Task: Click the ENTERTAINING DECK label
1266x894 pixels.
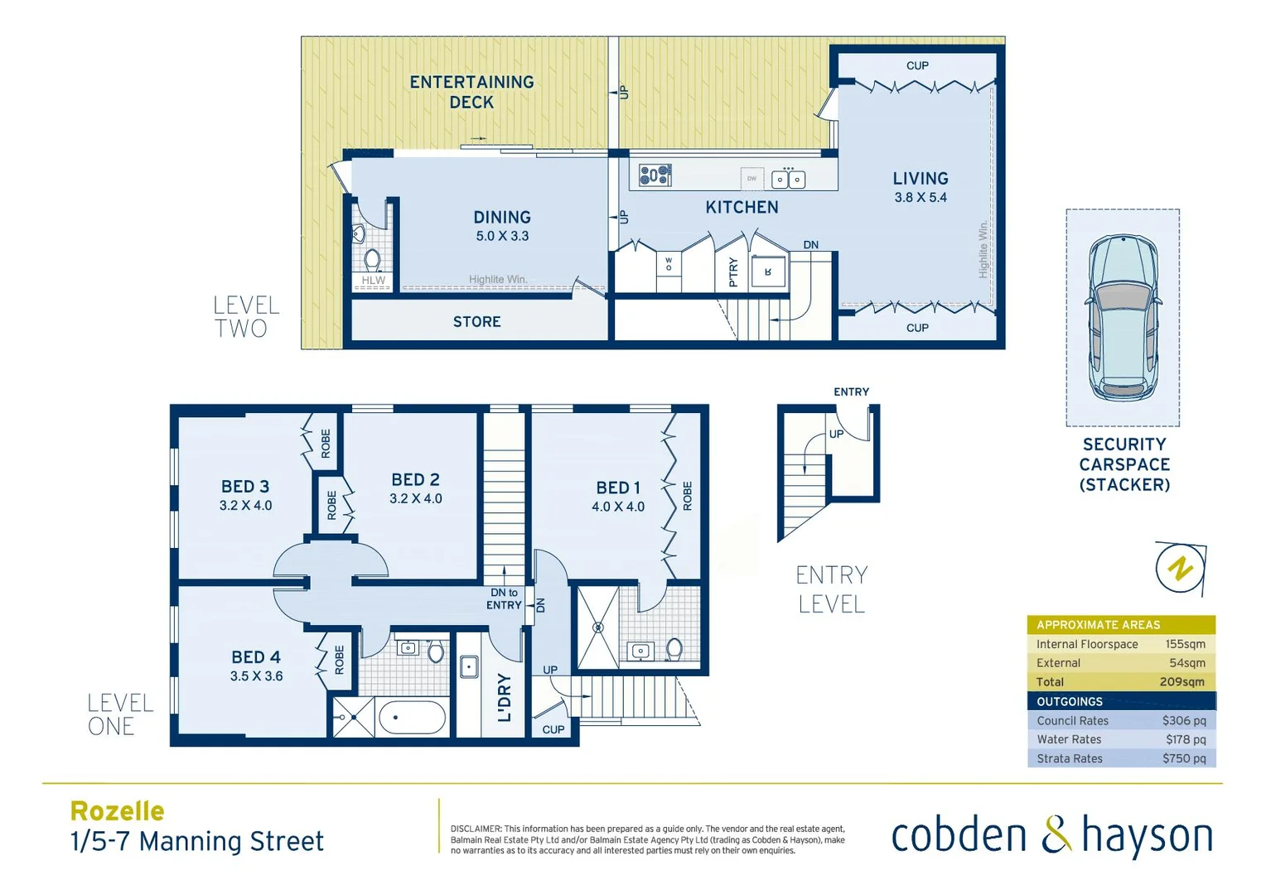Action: [471, 92]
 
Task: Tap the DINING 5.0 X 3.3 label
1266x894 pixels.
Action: [502, 226]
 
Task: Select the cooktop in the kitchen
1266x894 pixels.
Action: [655, 175]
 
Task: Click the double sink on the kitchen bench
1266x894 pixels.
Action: [788, 179]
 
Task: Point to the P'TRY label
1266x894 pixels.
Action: [732, 272]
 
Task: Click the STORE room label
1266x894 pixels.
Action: [476, 321]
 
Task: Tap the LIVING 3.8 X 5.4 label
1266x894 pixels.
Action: [920, 186]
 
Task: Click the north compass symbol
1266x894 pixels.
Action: [1180, 569]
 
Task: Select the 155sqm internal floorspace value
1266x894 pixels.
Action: [1185, 644]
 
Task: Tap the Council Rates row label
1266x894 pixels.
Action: [1072, 721]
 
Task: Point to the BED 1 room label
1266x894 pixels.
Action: [618, 496]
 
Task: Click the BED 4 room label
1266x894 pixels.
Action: [256, 665]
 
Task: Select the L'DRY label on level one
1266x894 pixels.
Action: [504, 697]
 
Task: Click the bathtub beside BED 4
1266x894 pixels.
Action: [412, 718]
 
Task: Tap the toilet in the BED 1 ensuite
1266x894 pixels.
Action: [674, 648]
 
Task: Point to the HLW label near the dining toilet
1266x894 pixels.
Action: [374, 281]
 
